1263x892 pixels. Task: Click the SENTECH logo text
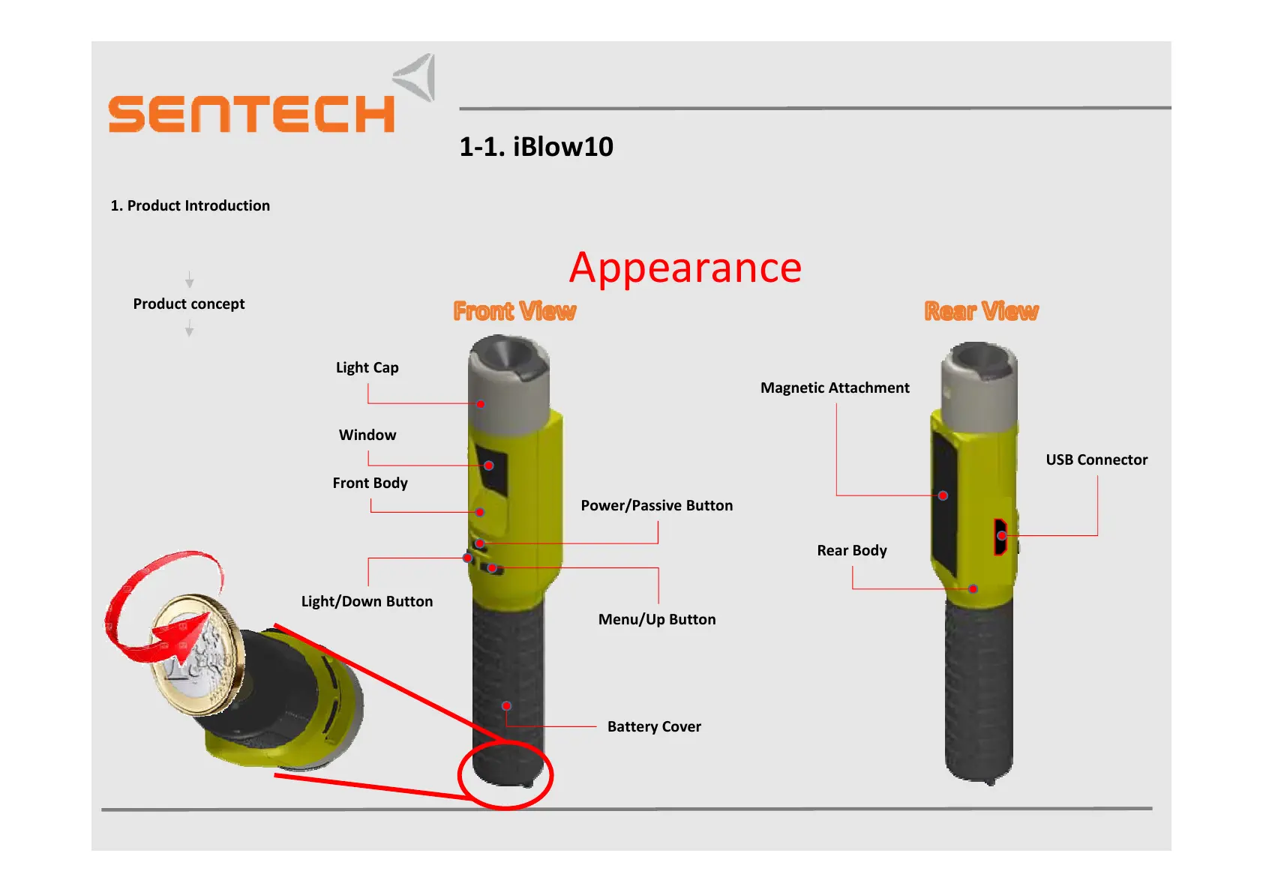pyautogui.click(x=251, y=114)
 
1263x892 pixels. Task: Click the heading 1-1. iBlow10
pyautogui.click(x=535, y=147)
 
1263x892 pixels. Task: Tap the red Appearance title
pyautogui.click(x=685, y=268)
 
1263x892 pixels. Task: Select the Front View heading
pyautogui.click(x=514, y=311)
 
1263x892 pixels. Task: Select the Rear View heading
pyautogui.click(x=981, y=311)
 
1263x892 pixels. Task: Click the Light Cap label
pyautogui.click(x=367, y=368)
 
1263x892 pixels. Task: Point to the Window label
pyautogui.click(x=367, y=436)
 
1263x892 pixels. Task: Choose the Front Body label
pyautogui.click(x=370, y=483)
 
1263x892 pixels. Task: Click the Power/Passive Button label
pyautogui.click(x=656, y=506)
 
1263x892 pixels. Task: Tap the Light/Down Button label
pyautogui.click(x=367, y=602)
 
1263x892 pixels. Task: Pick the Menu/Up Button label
pyautogui.click(x=656, y=620)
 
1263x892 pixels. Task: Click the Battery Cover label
pyautogui.click(x=654, y=727)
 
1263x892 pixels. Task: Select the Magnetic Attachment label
pyautogui.click(x=835, y=388)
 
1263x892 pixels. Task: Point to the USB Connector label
pyautogui.click(x=1096, y=460)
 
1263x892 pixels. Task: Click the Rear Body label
pyautogui.click(x=852, y=551)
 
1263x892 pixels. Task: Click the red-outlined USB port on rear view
pyautogui.click(x=1000, y=536)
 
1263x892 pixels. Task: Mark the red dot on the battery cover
pyautogui.click(x=507, y=706)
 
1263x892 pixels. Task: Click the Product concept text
pyautogui.click(x=189, y=304)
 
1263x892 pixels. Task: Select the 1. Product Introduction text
pyautogui.click(x=190, y=206)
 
